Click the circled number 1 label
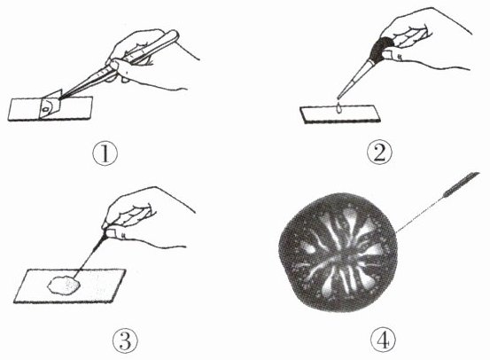[x=105, y=154]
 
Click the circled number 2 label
[x=378, y=153]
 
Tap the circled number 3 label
[x=125, y=340]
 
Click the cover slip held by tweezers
[x=50, y=104]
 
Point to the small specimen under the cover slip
[x=46, y=109]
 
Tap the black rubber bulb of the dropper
[x=381, y=49]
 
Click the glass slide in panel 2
[x=340, y=114]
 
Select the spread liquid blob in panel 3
[x=64, y=285]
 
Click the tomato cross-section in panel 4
[x=338, y=252]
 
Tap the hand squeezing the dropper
[x=422, y=41]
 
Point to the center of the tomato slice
[x=339, y=254]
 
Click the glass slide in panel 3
[x=69, y=286]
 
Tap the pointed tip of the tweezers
[x=60, y=98]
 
